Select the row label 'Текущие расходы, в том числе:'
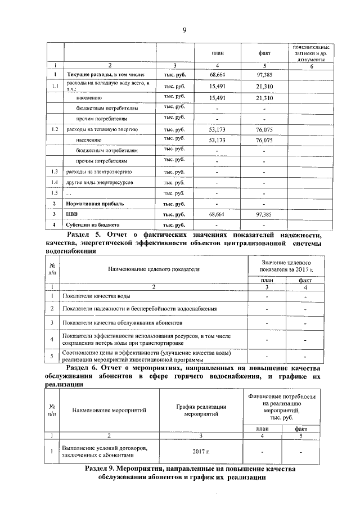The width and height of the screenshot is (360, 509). pos(106,74)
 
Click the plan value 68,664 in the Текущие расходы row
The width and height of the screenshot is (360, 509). pos(217,74)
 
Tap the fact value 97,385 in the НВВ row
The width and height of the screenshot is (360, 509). pos(264,214)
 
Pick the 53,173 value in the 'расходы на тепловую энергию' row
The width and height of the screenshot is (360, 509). pos(217,129)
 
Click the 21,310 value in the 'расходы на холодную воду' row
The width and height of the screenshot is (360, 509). pos(264,86)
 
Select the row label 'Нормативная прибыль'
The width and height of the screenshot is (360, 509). pos(100,203)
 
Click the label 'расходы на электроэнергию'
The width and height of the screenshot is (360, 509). pos(99,171)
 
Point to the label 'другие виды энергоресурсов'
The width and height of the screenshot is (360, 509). pos(100,183)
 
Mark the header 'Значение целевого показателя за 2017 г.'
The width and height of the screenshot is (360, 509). pos(286,265)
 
